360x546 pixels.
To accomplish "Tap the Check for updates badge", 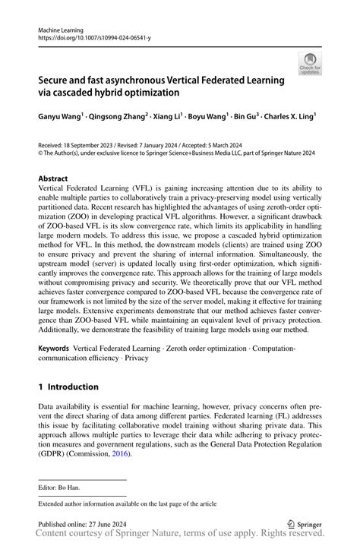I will tap(310, 64).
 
